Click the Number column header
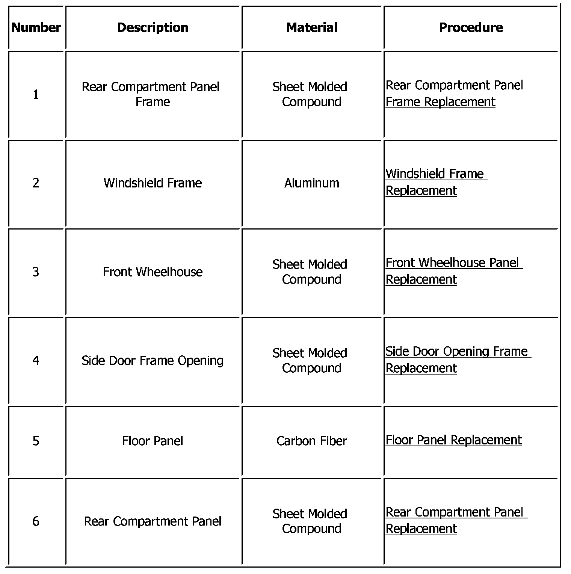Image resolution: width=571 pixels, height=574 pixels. [x=36, y=27]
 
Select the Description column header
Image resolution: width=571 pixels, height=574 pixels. [x=153, y=27]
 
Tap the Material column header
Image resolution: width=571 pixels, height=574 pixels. [x=311, y=27]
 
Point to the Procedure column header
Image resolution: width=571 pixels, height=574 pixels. [x=471, y=27]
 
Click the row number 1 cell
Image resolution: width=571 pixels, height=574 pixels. [x=36, y=94]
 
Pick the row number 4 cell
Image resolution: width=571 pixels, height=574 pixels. [x=36, y=360]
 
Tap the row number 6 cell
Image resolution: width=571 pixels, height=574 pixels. [x=36, y=521]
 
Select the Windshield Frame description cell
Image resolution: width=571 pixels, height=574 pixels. [x=153, y=183]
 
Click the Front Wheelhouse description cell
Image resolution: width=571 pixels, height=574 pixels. [x=153, y=272]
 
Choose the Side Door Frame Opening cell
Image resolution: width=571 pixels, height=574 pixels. [x=153, y=360]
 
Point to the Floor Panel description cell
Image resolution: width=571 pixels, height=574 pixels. [x=153, y=441]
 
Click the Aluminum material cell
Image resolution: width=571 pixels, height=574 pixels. [x=311, y=183]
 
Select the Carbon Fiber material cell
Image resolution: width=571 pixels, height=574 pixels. [x=311, y=441]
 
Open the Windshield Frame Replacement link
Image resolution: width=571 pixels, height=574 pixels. [x=436, y=182]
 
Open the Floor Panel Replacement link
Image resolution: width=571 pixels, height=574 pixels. [x=453, y=440]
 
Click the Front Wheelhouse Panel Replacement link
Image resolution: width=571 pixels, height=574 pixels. [x=453, y=271]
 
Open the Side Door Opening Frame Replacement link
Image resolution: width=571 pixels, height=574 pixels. [x=456, y=360]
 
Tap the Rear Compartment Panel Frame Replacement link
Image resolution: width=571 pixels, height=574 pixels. [x=455, y=94]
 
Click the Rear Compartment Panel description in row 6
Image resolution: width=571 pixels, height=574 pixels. [x=153, y=521]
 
